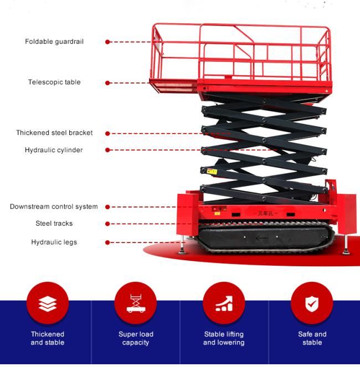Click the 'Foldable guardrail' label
tap(54, 42)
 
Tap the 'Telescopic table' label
tap(54, 82)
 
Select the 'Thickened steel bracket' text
tap(54, 133)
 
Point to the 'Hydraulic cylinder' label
tap(54, 150)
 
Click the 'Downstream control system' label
tap(54, 206)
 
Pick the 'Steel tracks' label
tap(54, 224)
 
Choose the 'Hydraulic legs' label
tap(54, 242)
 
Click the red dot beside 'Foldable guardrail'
tap(107, 42)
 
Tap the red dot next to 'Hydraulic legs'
tap(107, 242)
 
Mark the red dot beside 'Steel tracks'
tap(107, 224)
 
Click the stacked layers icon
tap(48, 304)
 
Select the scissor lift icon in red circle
tap(136, 303)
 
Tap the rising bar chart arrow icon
tap(224, 303)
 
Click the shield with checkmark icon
tap(312, 303)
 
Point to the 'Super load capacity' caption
tap(136, 338)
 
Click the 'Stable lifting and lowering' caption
tap(224, 338)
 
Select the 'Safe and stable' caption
tap(312, 338)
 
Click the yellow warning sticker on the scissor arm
tap(212, 172)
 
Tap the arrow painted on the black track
tap(262, 239)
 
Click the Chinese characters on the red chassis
tap(265, 214)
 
